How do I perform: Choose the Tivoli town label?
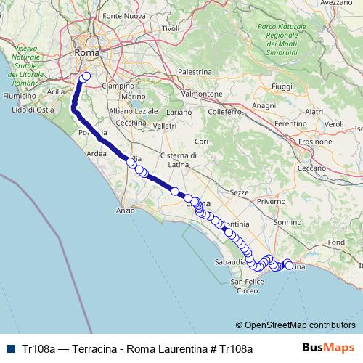click(171, 28)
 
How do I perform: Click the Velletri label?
click(165, 126)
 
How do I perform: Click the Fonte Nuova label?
click(121, 16)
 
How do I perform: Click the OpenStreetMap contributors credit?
click(295, 325)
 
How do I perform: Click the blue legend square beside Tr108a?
click(12, 348)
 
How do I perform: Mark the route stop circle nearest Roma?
click(86, 76)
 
